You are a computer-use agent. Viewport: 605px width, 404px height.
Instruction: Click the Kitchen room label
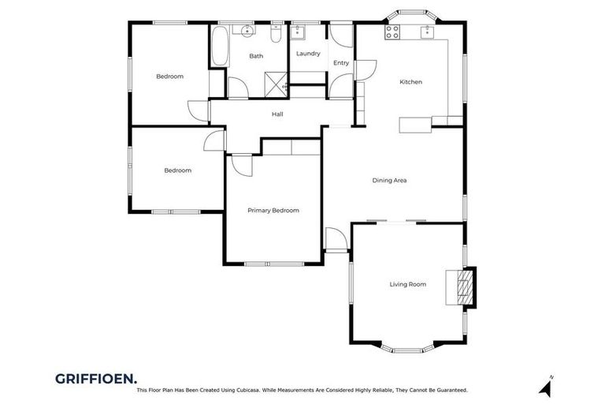tap(410, 82)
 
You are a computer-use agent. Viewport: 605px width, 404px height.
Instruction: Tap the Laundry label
tap(308, 54)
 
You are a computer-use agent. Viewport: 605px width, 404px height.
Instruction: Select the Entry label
tap(341, 63)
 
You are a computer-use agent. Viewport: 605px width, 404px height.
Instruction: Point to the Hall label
tap(277, 114)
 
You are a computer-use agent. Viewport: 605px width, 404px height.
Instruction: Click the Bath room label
tap(256, 56)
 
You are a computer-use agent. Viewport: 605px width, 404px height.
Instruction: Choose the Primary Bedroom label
tap(273, 211)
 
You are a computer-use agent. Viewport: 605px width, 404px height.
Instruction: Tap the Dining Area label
tap(389, 181)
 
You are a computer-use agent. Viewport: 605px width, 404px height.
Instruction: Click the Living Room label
tap(407, 284)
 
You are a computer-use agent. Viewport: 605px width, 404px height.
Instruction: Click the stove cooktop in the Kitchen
tap(392, 32)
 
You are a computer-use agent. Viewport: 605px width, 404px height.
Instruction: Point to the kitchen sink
tap(427, 32)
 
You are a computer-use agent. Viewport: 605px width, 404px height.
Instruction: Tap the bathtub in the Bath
tap(218, 47)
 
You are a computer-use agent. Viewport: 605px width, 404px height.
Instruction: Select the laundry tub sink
tap(299, 33)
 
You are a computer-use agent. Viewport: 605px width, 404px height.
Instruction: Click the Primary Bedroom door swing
tap(240, 166)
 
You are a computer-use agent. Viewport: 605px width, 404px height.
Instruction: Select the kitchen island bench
tap(415, 125)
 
